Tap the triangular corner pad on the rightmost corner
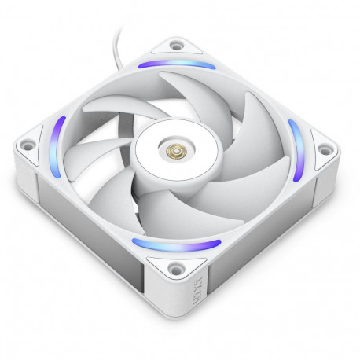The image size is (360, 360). click(320, 145)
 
